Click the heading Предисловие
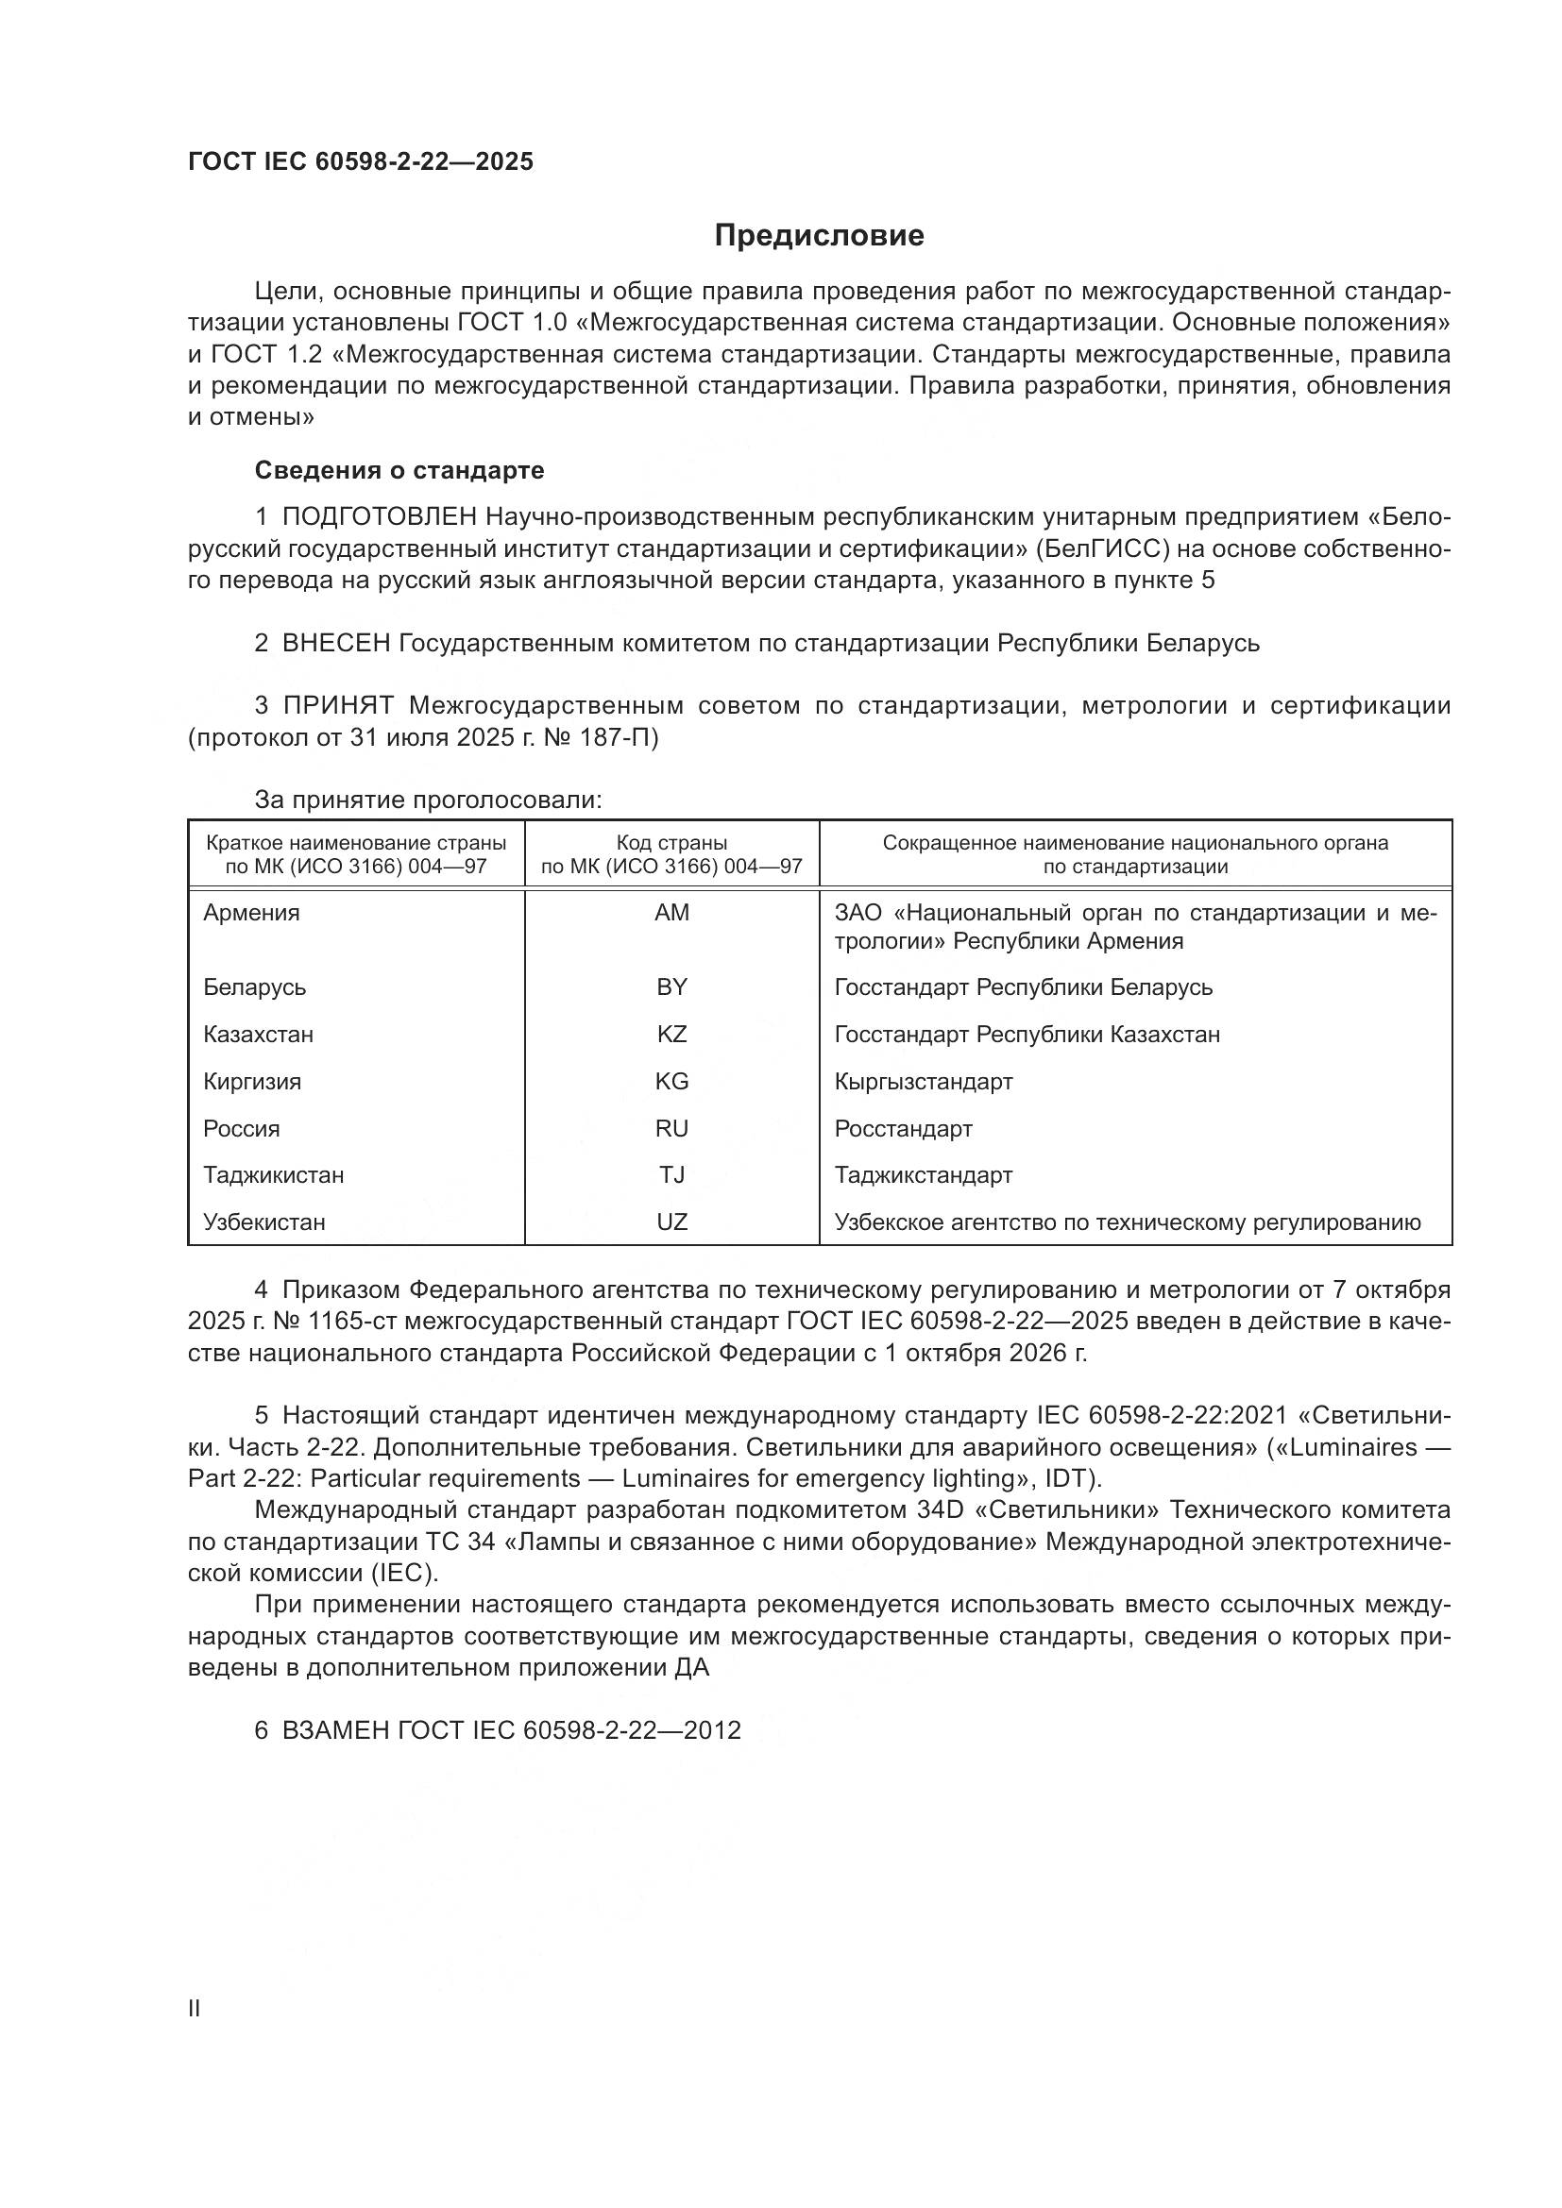[x=819, y=236]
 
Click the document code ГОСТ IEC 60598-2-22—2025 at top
[x=361, y=161]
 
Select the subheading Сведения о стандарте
[x=399, y=470]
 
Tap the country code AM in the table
[x=671, y=913]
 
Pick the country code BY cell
[x=671, y=986]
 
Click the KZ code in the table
[x=671, y=1034]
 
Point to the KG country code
[x=671, y=1081]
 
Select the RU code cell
[x=671, y=1128]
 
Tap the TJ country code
[x=671, y=1174]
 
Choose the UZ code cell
[x=671, y=1222]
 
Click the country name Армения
[x=251, y=913]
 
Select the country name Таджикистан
[x=273, y=1174]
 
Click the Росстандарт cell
[x=903, y=1128]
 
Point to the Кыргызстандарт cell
[x=924, y=1081]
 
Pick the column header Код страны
[x=671, y=843]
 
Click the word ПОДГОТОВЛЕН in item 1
[x=379, y=517]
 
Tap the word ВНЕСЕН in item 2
[x=335, y=643]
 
